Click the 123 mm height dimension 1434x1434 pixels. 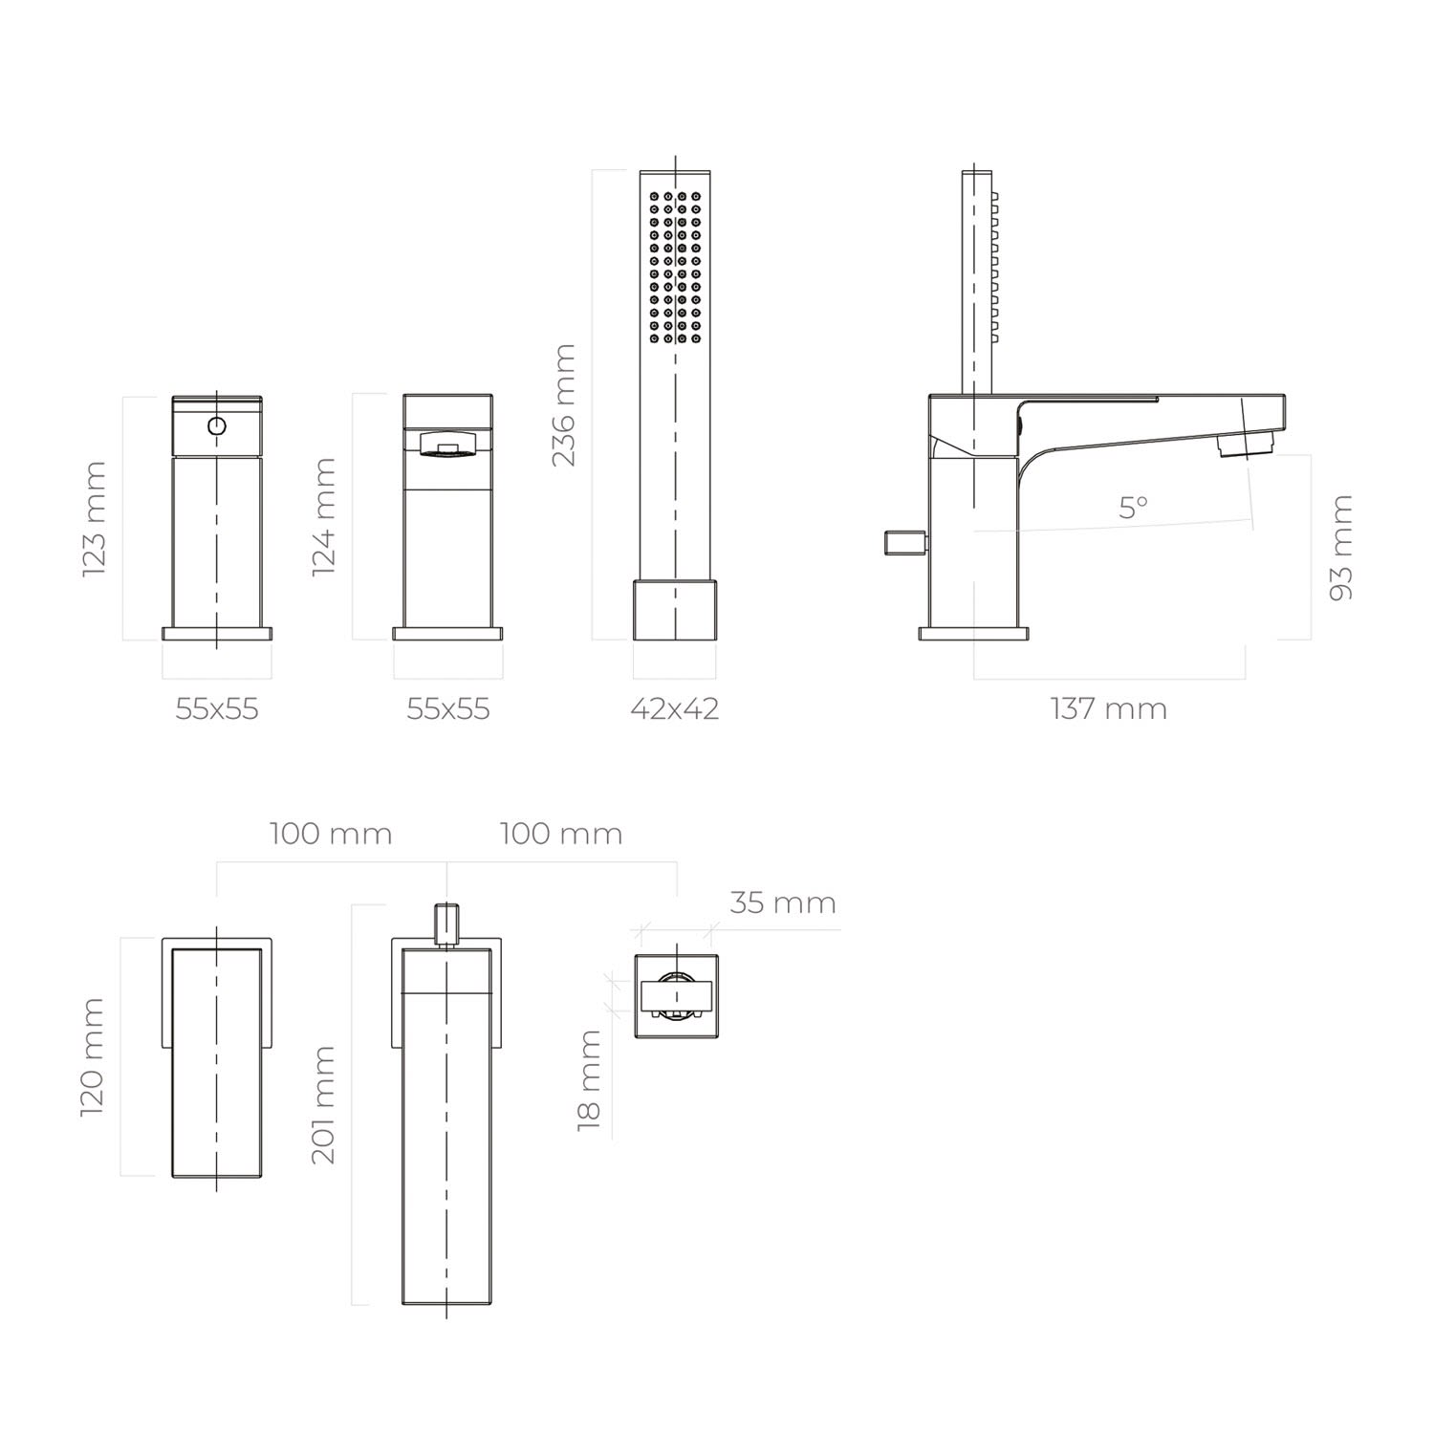(x=95, y=519)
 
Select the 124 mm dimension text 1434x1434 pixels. (x=324, y=517)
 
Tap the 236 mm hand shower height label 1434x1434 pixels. (x=564, y=405)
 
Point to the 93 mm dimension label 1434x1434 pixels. (x=1341, y=548)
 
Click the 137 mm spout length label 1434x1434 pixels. (x=1109, y=709)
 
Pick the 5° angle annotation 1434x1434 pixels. (x=1134, y=508)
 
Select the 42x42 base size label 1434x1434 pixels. (x=675, y=709)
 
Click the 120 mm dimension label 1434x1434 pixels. (x=93, y=1057)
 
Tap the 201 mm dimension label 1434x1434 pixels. (x=324, y=1104)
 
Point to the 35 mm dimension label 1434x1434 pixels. (x=783, y=902)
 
